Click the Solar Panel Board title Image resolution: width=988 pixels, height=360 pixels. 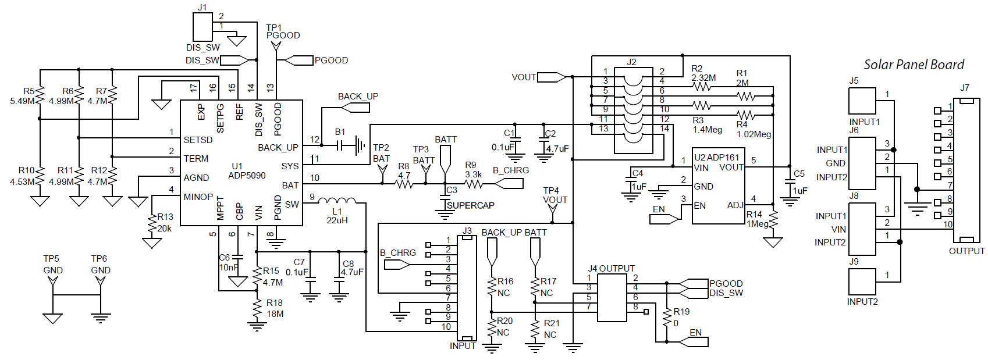point(914,65)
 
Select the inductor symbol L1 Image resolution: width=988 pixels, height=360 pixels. point(337,201)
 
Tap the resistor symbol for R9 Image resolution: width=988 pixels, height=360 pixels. point(472,184)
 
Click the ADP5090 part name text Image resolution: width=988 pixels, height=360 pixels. point(247,175)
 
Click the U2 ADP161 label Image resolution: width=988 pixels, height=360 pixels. point(716,157)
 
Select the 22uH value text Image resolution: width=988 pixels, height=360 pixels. point(337,220)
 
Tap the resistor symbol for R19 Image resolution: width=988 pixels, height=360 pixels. point(667,317)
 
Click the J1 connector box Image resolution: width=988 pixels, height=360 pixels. point(202,27)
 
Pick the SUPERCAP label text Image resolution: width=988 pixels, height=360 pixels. point(470,205)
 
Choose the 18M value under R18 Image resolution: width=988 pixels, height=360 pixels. point(275,314)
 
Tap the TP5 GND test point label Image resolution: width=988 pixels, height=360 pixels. point(52,265)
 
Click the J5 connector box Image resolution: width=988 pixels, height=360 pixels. point(862,101)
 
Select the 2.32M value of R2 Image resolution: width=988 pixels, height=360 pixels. point(703,77)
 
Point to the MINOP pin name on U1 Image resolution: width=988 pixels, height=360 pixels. point(198,197)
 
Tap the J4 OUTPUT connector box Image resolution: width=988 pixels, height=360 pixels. point(612,298)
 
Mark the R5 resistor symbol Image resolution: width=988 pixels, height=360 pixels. point(40,95)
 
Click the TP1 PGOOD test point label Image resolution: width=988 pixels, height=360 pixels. point(283,31)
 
